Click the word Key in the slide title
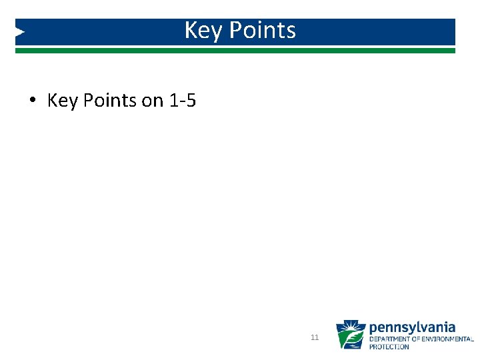click(200, 31)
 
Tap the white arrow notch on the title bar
click(20, 31)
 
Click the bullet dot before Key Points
click(32, 101)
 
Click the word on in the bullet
click(152, 101)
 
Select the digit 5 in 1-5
click(191, 101)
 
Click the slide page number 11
click(315, 338)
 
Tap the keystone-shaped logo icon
click(350, 335)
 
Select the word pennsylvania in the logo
click(412, 327)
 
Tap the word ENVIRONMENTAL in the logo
click(451, 339)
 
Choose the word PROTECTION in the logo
click(389, 347)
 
